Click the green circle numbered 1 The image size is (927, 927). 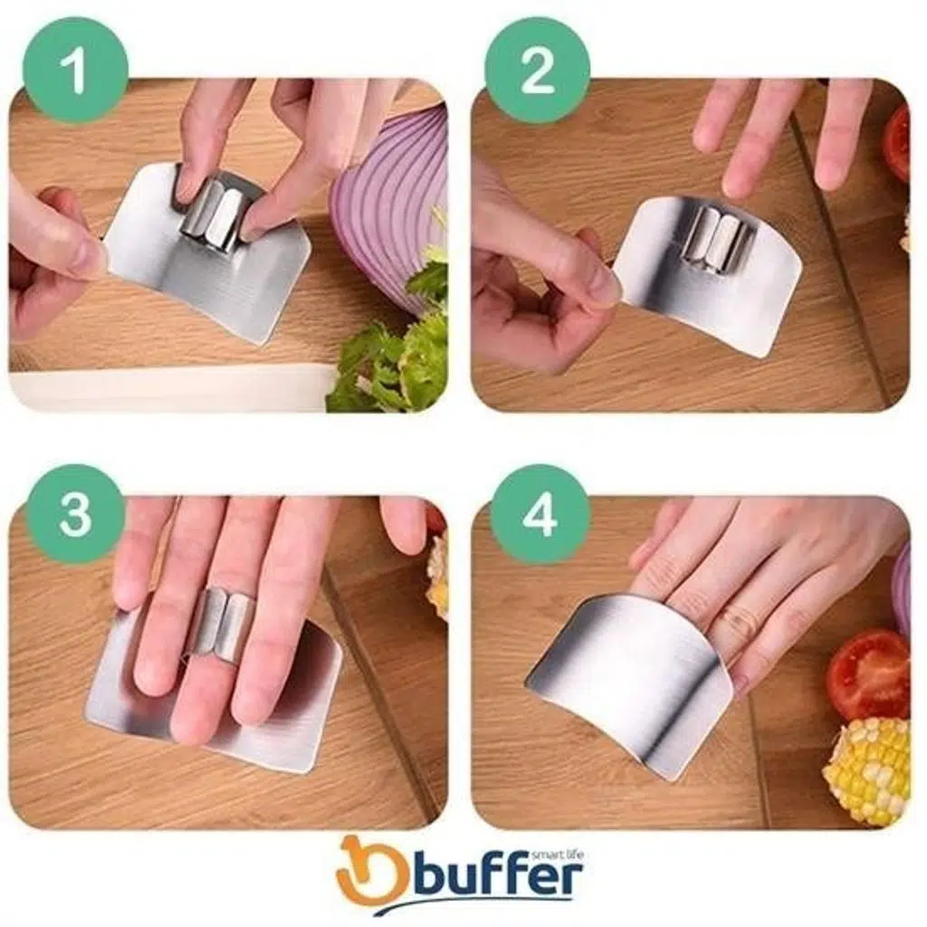[76, 70]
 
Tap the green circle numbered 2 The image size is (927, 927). [538, 70]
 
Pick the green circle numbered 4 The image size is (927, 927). [539, 514]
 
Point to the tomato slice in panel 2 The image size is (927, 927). [896, 144]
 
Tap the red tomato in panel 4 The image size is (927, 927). [867, 674]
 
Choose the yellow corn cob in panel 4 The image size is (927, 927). [866, 769]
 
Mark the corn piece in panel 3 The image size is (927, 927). [437, 577]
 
